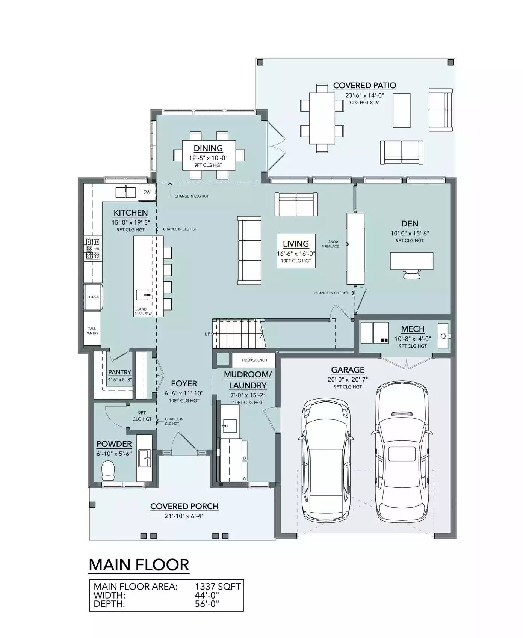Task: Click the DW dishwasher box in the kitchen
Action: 147,192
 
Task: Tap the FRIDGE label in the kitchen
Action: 93,297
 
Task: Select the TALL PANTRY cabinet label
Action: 92,331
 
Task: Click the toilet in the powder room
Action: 108,471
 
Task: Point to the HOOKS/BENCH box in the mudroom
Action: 254,360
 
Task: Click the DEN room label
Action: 410,224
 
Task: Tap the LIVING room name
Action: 296,244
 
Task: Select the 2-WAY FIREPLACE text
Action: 330,244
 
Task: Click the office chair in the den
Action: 411,274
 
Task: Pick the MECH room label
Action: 413,329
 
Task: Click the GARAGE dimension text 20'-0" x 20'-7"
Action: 348,380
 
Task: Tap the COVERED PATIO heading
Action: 364,86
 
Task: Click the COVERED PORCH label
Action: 184,506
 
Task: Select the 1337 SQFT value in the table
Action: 218,586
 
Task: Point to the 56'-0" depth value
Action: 207,604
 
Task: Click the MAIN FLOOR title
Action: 139,565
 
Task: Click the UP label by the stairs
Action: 207,334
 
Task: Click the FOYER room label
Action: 184,384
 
